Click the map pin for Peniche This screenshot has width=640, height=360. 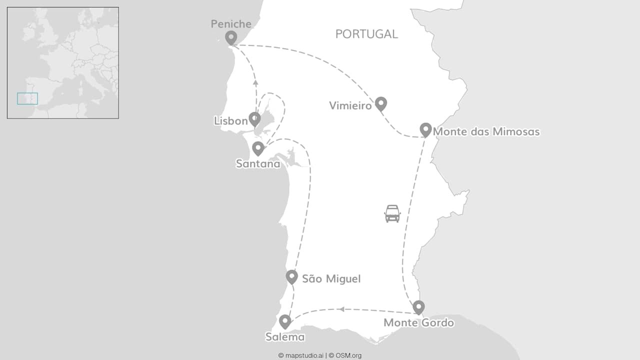(230, 37)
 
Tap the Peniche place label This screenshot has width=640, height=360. (231, 23)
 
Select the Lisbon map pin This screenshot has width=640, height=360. (255, 119)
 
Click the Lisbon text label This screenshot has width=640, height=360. (230, 121)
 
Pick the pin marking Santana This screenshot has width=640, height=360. (258, 148)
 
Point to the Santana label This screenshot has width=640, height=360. (258, 163)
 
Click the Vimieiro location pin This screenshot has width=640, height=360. (381, 103)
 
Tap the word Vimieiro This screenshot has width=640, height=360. (350, 106)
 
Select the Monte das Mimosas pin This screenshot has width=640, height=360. (425, 129)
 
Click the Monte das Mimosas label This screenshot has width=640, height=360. (486, 132)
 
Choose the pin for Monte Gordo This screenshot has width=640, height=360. (418, 307)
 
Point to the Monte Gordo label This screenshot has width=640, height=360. (418, 323)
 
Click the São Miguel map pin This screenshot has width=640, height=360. (292, 276)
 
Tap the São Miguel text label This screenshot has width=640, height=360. (331, 279)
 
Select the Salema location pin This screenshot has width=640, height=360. (285, 321)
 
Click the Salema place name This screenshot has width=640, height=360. (285, 337)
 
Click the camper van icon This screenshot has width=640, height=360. (392, 213)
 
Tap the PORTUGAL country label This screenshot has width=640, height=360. (366, 34)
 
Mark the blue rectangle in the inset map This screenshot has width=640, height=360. (27, 98)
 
